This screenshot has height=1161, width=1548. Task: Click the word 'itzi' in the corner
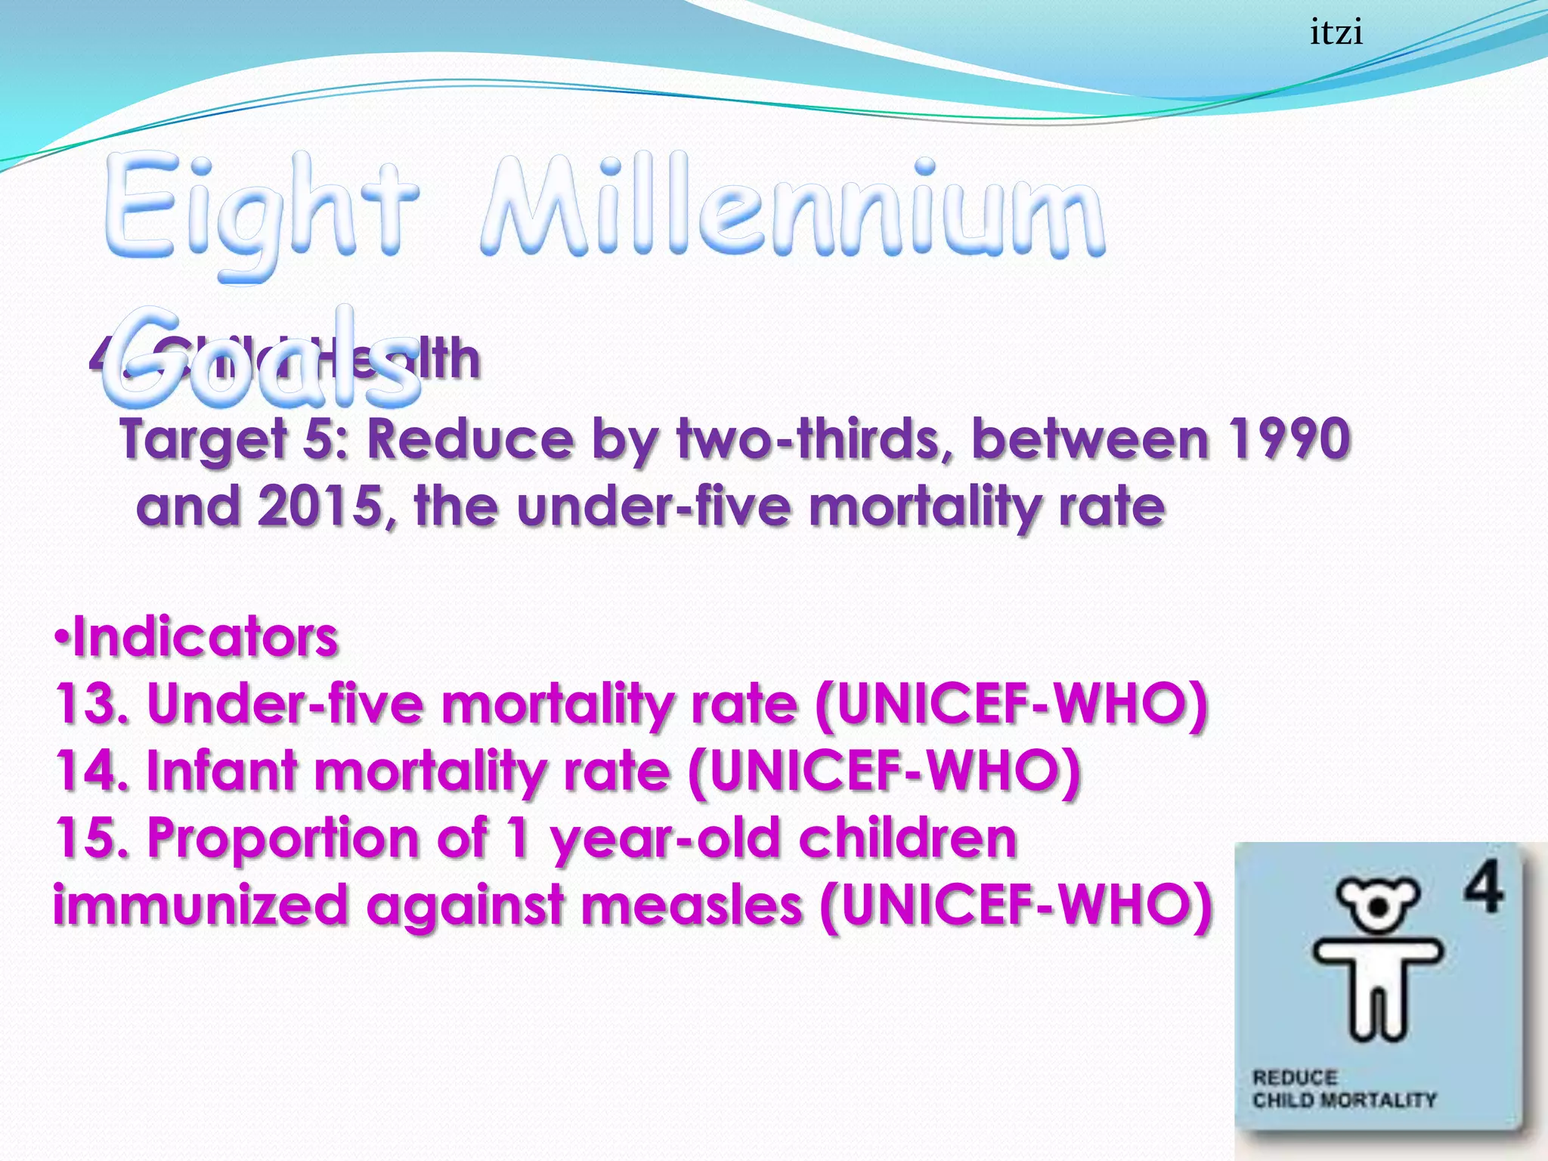coord(1336,33)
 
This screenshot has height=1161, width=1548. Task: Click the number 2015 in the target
coord(321,506)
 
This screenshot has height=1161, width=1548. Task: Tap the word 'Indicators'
coord(205,637)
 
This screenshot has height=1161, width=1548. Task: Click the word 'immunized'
coord(200,906)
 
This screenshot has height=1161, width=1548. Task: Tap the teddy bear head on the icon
coord(1377,903)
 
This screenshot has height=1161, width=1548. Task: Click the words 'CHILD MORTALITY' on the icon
coord(1344,1100)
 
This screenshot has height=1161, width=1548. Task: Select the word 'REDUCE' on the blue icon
coord(1295,1077)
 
